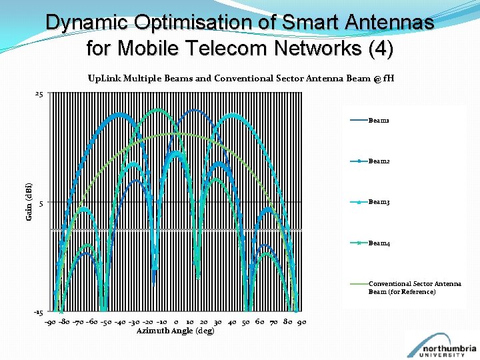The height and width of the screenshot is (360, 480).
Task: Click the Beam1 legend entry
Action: (x=379, y=121)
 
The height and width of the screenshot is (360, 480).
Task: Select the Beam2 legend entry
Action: (x=379, y=161)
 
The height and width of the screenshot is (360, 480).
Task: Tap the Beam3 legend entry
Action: (x=379, y=202)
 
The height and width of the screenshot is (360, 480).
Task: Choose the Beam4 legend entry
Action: (x=379, y=243)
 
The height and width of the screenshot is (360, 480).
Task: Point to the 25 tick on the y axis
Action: (x=39, y=95)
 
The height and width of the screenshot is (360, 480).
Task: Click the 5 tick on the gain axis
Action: (x=41, y=203)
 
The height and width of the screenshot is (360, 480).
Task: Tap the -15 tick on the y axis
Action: (x=39, y=312)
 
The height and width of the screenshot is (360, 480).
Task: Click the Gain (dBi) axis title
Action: (x=29, y=202)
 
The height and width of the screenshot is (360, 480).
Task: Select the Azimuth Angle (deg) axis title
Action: (x=175, y=331)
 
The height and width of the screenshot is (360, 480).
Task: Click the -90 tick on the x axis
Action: (x=51, y=323)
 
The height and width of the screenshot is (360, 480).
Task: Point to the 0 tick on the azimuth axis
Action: (x=175, y=323)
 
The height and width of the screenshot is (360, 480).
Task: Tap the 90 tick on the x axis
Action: (x=301, y=323)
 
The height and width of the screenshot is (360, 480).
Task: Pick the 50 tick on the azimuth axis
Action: (x=245, y=323)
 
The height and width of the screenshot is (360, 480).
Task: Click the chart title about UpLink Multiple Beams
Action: (x=241, y=78)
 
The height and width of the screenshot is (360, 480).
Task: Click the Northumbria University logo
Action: (x=441, y=345)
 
